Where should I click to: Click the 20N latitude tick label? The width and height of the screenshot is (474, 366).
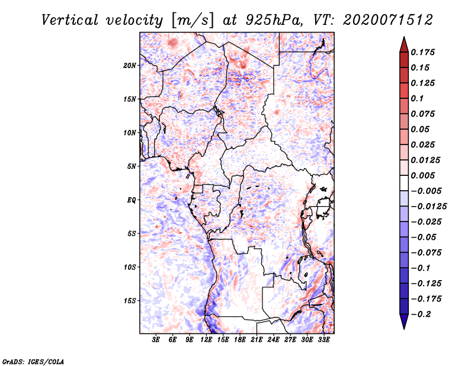click(x=130, y=66)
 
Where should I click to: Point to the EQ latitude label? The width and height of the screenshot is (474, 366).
click(x=131, y=200)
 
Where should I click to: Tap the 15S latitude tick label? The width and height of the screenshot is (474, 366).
click(x=130, y=301)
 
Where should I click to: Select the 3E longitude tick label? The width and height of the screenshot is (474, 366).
click(x=156, y=339)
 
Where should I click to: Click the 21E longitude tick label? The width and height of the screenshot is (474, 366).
click(x=257, y=339)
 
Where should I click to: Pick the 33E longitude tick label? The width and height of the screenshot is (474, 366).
click(x=324, y=339)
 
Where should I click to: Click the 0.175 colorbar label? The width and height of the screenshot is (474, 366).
click(x=422, y=52)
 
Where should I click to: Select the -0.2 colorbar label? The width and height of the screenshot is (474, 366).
click(x=421, y=314)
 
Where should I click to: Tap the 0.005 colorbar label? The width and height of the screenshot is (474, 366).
click(x=422, y=175)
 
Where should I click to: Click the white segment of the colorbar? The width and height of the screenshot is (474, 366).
click(x=404, y=183)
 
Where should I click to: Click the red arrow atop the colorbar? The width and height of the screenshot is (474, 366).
click(x=404, y=44)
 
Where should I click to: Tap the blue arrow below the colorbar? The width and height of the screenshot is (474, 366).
click(x=404, y=322)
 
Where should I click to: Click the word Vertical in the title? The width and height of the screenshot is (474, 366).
click(x=69, y=20)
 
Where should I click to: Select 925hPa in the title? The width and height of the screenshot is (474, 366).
click(x=274, y=20)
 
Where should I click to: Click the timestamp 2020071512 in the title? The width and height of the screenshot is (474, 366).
click(x=388, y=20)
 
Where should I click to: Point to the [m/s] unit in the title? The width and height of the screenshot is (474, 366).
click(x=193, y=21)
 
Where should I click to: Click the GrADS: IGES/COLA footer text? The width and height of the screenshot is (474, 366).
click(x=33, y=362)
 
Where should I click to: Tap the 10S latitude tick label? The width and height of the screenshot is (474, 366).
click(x=130, y=267)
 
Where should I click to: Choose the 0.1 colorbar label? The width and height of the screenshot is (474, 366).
click(x=417, y=98)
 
